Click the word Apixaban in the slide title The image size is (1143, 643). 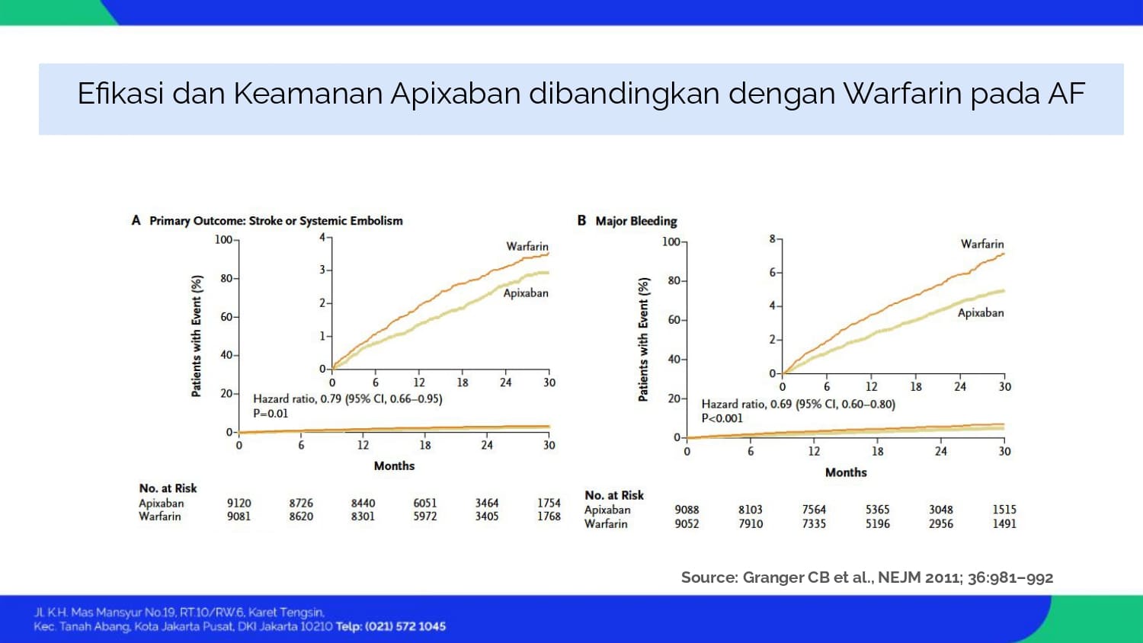click(x=455, y=94)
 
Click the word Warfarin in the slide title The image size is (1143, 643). click(x=901, y=94)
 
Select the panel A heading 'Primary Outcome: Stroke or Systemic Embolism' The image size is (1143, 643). click(x=276, y=221)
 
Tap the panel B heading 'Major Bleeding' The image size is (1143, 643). click(x=636, y=221)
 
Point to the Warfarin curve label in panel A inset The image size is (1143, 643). click(x=527, y=247)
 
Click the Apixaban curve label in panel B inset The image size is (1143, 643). click(x=981, y=313)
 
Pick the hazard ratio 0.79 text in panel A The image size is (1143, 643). click(x=348, y=398)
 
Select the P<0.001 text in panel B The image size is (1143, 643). click(x=722, y=418)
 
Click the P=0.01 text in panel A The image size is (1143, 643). click(x=271, y=414)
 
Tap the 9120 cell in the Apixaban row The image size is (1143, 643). click(x=239, y=503)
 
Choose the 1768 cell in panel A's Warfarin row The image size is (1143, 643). click(x=549, y=517)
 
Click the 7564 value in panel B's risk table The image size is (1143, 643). click(x=813, y=510)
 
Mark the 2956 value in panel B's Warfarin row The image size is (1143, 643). click(x=940, y=523)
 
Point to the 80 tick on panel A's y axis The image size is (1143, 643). click(x=226, y=279)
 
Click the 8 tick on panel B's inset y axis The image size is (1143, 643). click(x=773, y=238)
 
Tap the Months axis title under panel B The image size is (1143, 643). click(x=846, y=472)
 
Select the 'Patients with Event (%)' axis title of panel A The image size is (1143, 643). click(x=197, y=336)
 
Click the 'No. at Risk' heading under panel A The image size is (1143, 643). click(x=168, y=488)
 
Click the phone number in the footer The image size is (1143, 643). click(x=405, y=627)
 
